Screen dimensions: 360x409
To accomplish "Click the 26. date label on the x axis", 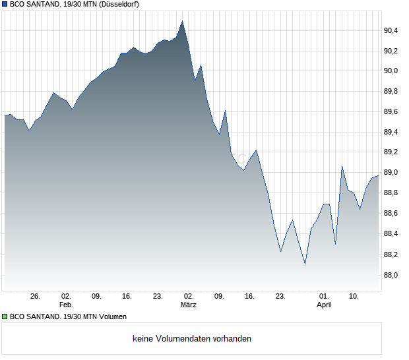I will click(x=35, y=297).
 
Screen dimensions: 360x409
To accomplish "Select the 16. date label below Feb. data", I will click(x=127, y=297).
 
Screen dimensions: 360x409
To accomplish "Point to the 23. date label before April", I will click(x=280, y=297).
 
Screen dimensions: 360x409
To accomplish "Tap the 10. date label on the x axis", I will click(x=354, y=297).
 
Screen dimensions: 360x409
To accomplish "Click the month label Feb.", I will click(x=65, y=305).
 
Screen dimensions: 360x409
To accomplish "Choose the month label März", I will click(x=189, y=305).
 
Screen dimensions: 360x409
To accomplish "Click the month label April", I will click(x=324, y=305).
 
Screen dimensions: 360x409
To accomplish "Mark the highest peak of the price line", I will click(x=183, y=21).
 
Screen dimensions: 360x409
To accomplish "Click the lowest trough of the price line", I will click(x=305, y=264).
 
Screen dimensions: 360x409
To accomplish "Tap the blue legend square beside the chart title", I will click(x=5, y=4).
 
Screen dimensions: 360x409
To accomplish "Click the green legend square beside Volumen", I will click(x=5, y=317).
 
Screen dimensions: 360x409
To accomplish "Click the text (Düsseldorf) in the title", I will click(x=118, y=4).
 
